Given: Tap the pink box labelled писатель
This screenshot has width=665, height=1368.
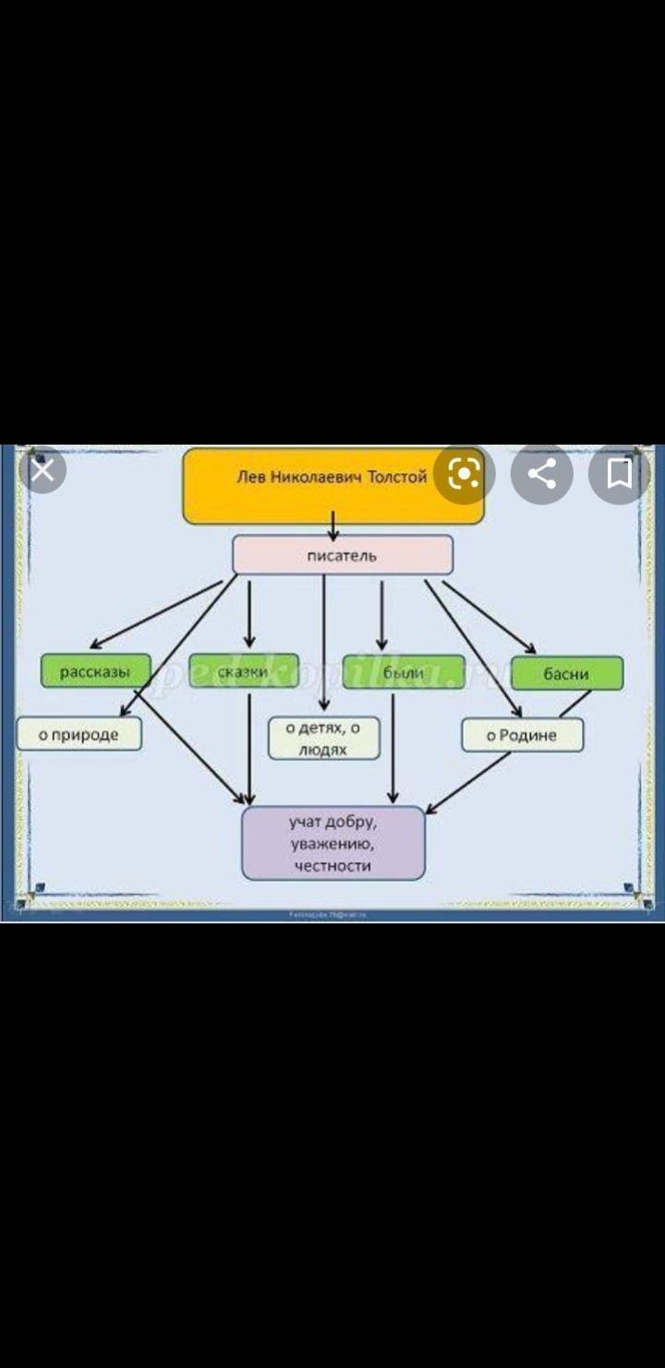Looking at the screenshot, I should pyautogui.click(x=342, y=556).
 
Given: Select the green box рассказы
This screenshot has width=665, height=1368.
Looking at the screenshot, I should pyautogui.click(x=95, y=671).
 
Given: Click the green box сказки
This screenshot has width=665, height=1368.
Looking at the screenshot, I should pyautogui.click(x=244, y=671).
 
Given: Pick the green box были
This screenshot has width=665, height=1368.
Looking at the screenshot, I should pyautogui.click(x=403, y=672).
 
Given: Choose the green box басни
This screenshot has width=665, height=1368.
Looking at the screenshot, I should pyautogui.click(x=566, y=674).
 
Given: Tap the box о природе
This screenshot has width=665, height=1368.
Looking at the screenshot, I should pyautogui.click(x=79, y=735).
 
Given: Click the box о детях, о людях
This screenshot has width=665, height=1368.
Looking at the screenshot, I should pyautogui.click(x=323, y=739).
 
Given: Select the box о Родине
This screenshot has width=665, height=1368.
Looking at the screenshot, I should pyautogui.click(x=522, y=736).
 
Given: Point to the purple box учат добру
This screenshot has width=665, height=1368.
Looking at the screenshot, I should pyautogui.click(x=332, y=843).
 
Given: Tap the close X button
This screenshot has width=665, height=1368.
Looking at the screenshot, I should pyautogui.click(x=42, y=470).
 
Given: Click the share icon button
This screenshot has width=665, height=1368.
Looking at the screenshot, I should pyautogui.click(x=542, y=474).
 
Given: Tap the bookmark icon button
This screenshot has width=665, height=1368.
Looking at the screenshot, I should pyautogui.click(x=619, y=474).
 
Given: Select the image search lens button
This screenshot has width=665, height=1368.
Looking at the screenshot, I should pyautogui.click(x=464, y=474).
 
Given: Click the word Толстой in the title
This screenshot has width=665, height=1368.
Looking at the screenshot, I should pyautogui.click(x=397, y=478).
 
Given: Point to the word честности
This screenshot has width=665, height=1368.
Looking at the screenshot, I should pyautogui.click(x=332, y=866).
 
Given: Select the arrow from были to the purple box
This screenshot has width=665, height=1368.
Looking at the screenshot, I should pyautogui.click(x=393, y=749).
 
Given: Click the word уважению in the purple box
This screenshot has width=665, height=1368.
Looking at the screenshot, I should pyautogui.click(x=332, y=844).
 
